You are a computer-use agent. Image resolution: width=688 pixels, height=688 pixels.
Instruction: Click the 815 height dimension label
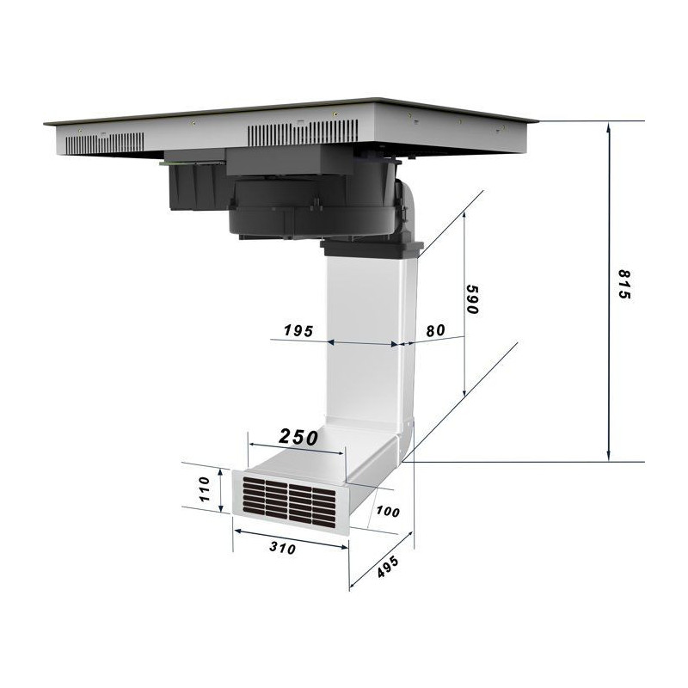click(624, 285)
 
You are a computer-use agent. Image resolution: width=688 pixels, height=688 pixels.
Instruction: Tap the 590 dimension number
click(471, 299)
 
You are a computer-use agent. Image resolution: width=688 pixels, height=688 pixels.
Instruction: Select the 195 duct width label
click(298, 330)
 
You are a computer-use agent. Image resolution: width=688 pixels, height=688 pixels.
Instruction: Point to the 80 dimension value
click(435, 330)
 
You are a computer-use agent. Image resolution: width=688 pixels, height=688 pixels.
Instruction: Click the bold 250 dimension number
click(298, 437)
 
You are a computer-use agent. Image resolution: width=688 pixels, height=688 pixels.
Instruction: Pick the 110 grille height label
click(205, 489)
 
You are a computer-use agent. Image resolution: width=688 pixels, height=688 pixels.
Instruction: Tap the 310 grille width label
click(282, 547)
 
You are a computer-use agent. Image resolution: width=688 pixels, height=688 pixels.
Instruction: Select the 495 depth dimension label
click(388, 567)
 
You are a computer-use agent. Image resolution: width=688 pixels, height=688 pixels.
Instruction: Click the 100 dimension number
click(388, 511)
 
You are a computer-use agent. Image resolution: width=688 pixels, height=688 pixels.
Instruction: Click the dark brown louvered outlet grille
click(290, 502)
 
